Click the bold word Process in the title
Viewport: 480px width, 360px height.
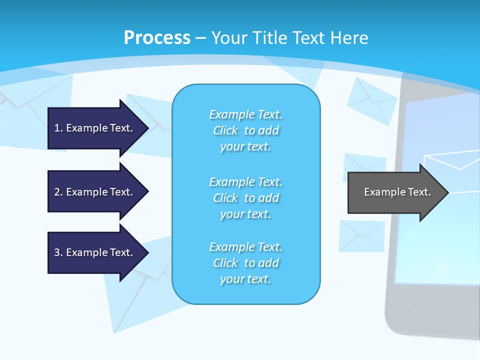pyautogui.click(x=157, y=38)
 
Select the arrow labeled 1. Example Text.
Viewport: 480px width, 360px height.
pyautogui.click(x=95, y=128)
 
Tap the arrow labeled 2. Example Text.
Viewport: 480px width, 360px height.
pyautogui.click(x=95, y=192)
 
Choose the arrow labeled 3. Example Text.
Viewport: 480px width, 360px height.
pyautogui.click(x=95, y=252)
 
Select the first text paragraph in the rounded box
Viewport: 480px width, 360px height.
pyautogui.click(x=245, y=130)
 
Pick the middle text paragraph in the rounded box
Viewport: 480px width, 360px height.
pyautogui.click(x=245, y=198)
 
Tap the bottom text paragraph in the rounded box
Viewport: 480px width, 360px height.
pyautogui.click(x=245, y=263)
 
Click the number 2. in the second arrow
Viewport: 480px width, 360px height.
pyautogui.click(x=58, y=192)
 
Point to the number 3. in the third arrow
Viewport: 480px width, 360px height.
pyautogui.click(x=58, y=252)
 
